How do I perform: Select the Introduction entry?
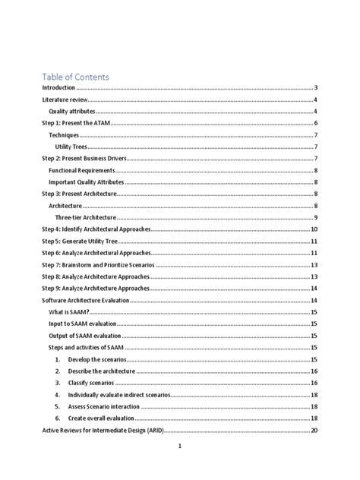click(x=58, y=88)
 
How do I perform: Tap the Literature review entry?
click(x=65, y=99)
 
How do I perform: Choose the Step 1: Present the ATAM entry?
click(x=76, y=123)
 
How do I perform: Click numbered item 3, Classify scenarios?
click(x=93, y=383)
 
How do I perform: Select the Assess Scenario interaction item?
click(x=103, y=406)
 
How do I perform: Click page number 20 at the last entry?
click(x=314, y=430)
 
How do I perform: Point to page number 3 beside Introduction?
click(x=315, y=88)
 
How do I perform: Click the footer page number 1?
click(x=179, y=447)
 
